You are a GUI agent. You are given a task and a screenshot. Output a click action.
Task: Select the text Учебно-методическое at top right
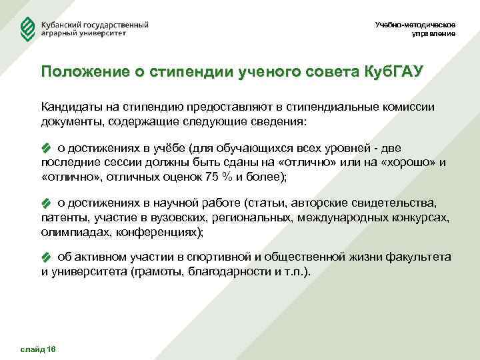click(416, 25)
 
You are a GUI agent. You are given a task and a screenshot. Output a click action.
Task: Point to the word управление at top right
click(434, 33)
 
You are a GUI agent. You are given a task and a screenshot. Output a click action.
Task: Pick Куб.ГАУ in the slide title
click(393, 71)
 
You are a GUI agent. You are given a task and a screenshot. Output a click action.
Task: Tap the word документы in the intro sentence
click(67, 123)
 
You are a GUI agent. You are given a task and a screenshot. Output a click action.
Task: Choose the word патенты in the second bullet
click(62, 217)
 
